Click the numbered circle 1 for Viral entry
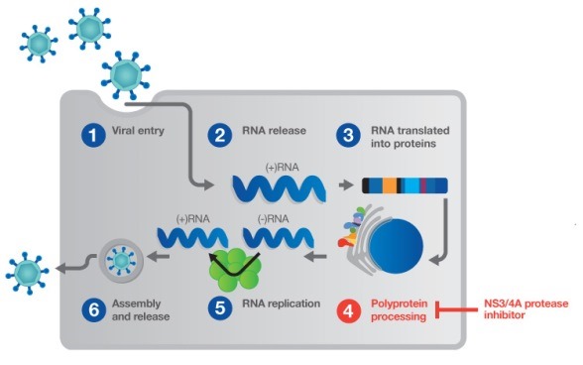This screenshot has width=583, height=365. [92, 136]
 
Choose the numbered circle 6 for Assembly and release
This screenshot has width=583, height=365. [92, 308]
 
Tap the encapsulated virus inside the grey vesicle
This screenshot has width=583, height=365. [122, 260]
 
